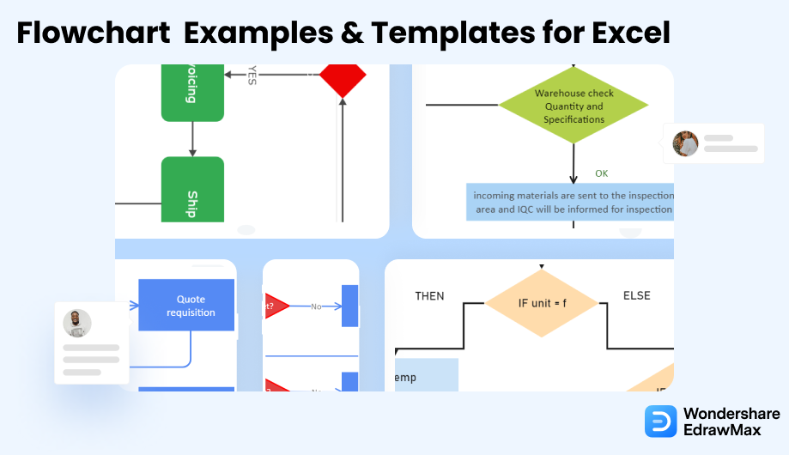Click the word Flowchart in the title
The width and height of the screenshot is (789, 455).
(94, 33)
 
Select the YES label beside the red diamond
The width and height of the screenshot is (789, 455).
(252, 75)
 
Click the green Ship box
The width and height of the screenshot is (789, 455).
(192, 191)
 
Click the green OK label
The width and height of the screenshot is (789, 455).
(602, 173)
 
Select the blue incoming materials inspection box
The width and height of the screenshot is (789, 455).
(570, 203)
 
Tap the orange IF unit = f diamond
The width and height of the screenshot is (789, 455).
(541, 302)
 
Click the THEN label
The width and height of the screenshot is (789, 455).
(429, 296)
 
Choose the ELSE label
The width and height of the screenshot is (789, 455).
(636, 296)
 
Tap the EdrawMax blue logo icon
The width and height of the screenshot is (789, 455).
(661, 422)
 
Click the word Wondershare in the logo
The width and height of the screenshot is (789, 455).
(731, 413)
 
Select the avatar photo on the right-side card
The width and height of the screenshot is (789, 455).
(685, 143)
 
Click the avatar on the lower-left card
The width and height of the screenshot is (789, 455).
(77, 324)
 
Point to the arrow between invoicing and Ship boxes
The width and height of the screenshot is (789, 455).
(192, 138)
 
